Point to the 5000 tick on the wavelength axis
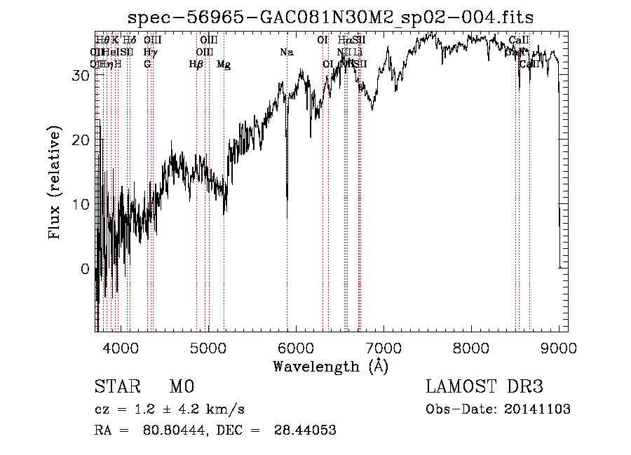click(208, 331)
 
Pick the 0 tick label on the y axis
click(86, 269)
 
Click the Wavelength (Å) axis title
click(330, 366)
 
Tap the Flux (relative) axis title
click(55, 184)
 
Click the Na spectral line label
click(286, 53)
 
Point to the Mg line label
click(224, 64)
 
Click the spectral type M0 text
click(181, 387)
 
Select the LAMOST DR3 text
click(484, 387)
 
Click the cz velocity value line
click(169, 409)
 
